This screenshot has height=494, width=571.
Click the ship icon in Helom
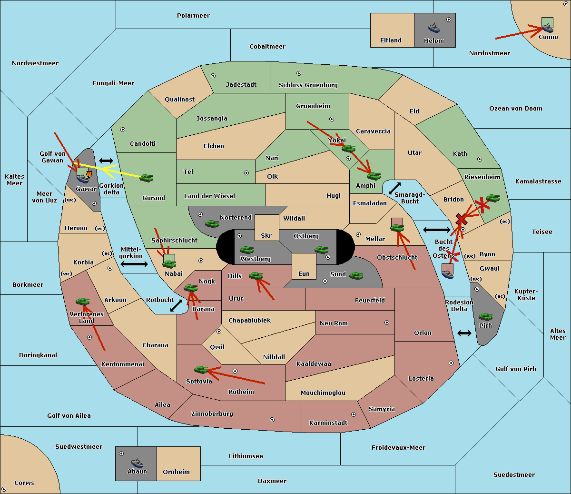pos(433,28)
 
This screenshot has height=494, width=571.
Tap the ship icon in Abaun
pos(138,463)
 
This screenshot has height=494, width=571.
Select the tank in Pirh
pos(485,316)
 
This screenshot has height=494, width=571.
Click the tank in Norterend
pos(212,223)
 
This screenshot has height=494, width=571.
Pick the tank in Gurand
pos(146,178)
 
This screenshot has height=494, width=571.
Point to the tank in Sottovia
pos(201,369)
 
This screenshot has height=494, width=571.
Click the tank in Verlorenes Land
pos(83,301)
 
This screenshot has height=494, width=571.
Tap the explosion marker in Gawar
pos(89,174)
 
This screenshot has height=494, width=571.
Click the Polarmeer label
pos(193,16)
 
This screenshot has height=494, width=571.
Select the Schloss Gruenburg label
pos(308,85)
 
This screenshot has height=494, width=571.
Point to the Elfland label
pos(391,40)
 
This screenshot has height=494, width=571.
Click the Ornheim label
pos(176,472)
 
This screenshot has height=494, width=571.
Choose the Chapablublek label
pos(249,320)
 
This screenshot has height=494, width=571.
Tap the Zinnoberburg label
pos(212,414)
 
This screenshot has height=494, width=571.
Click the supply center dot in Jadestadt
pos(213,76)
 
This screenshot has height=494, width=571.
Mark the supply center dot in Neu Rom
pos(387,323)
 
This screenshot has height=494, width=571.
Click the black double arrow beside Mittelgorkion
pos(134,264)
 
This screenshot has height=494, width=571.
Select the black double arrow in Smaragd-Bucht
pos(394,188)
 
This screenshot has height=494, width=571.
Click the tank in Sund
pos(356,275)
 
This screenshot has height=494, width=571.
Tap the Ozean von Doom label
pos(515,109)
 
